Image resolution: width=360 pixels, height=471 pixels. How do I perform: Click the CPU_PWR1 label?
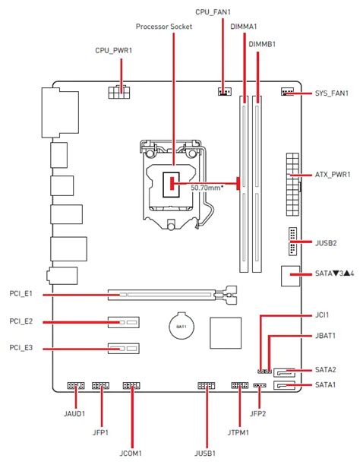click(x=113, y=50)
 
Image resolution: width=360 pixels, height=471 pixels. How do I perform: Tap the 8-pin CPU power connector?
click(x=119, y=92)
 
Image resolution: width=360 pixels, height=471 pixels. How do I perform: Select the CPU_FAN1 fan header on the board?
click(x=225, y=91)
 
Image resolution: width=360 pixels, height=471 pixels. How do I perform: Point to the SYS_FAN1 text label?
click(x=332, y=93)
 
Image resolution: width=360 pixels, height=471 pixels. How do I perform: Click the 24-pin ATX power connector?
click(x=292, y=184)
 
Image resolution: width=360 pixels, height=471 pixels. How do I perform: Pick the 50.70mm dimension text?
click(x=207, y=188)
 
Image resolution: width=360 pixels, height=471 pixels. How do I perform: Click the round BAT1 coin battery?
click(x=182, y=327)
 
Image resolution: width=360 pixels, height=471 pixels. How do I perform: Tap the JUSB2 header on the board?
click(x=292, y=242)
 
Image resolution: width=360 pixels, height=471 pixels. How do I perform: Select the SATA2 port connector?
click(x=284, y=372)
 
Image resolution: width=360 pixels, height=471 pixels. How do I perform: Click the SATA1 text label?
click(x=326, y=385)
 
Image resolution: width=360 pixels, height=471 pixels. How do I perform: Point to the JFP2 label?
click(x=258, y=413)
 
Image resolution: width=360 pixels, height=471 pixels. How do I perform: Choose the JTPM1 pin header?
click(x=239, y=385)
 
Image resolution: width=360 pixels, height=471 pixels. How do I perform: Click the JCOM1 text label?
click(x=131, y=453)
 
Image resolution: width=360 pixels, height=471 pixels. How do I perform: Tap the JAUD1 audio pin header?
click(x=76, y=385)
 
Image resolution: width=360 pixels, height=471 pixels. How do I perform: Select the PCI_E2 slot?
click(x=124, y=322)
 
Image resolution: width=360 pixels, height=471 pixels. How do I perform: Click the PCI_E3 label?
click(x=21, y=348)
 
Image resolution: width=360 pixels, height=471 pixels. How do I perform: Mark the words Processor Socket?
click(x=164, y=27)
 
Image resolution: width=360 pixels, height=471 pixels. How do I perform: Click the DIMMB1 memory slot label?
click(x=262, y=44)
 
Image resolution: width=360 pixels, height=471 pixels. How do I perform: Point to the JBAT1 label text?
click(x=326, y=336)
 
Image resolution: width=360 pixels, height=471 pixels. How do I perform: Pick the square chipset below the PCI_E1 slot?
click(x=226, y=333)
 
